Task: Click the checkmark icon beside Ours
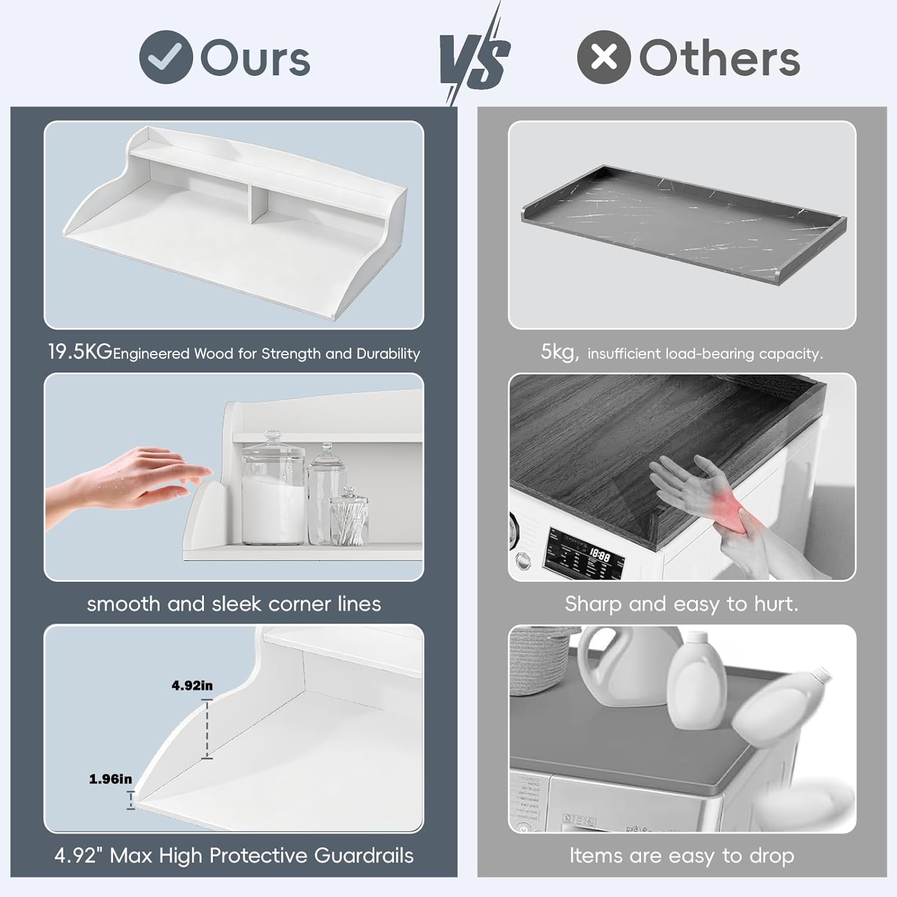[166, 57]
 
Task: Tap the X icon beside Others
[604, 57]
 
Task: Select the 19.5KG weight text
[80, 352]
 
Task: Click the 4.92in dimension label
[192, 685]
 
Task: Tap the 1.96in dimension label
[110, 779]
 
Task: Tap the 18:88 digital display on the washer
[599, 556]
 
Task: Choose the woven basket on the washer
[545, 661]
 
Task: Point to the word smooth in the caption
[124, 604]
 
